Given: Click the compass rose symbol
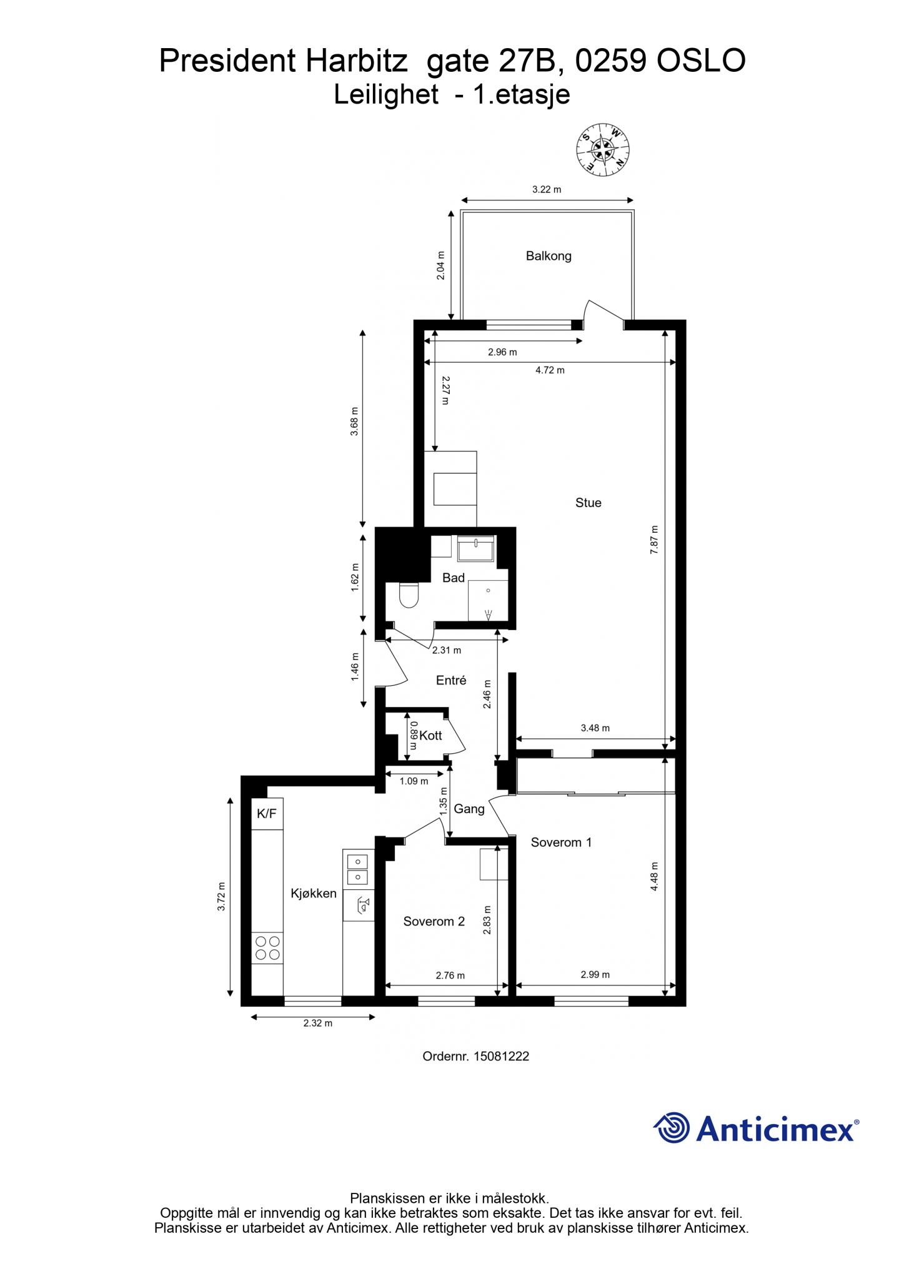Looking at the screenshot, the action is (602, 150).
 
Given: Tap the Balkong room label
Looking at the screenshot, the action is (549, 256).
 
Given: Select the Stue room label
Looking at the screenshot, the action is (589, 503).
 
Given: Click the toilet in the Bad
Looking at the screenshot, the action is (409, 595).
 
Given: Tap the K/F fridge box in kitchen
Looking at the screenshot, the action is (267, 814).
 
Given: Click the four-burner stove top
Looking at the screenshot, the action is (267, 948).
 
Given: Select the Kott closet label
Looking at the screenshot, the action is (430, 736).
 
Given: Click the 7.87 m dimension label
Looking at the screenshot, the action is (654, 540).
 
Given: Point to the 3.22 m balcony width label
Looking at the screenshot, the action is (547, 189).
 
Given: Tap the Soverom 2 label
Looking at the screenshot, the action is (434, 922).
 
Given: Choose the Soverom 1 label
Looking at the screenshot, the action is (561, 842).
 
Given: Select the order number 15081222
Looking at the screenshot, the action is (501, 1056).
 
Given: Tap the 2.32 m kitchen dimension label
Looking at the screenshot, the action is (318, 1023).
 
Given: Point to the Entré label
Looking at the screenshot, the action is (451, 681).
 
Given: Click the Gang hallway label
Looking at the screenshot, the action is (469, 809).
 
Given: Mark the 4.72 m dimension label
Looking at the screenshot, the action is (550, 370).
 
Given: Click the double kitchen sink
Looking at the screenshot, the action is (357, 869).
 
